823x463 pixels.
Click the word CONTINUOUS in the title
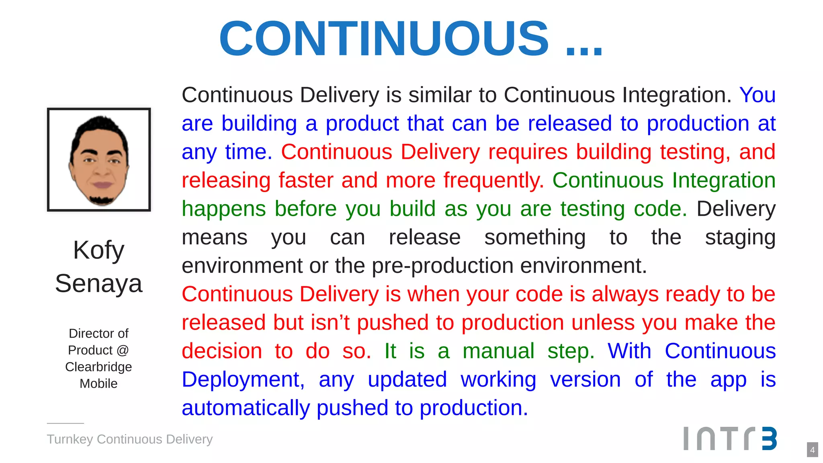(x=384, y=39)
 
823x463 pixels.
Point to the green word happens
(x=223, y=209)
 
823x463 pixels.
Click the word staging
(x=740, y=238)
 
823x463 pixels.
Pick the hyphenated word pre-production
(x=442, y=266)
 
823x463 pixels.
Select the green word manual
(x=498, y=351)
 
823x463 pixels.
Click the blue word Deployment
(x=243, y=380)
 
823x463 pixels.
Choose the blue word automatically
(x=246, y=408)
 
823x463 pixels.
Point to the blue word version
(x=585, y=380)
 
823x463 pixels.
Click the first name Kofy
(x=99, y=250)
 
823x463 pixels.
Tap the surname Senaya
(x=99, y=284)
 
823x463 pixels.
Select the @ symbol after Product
(x=123, y=350)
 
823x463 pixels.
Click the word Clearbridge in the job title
(x=98, y=367)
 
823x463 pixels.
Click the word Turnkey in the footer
(x=70, y=439)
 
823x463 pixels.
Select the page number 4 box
(x=812, y=450)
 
